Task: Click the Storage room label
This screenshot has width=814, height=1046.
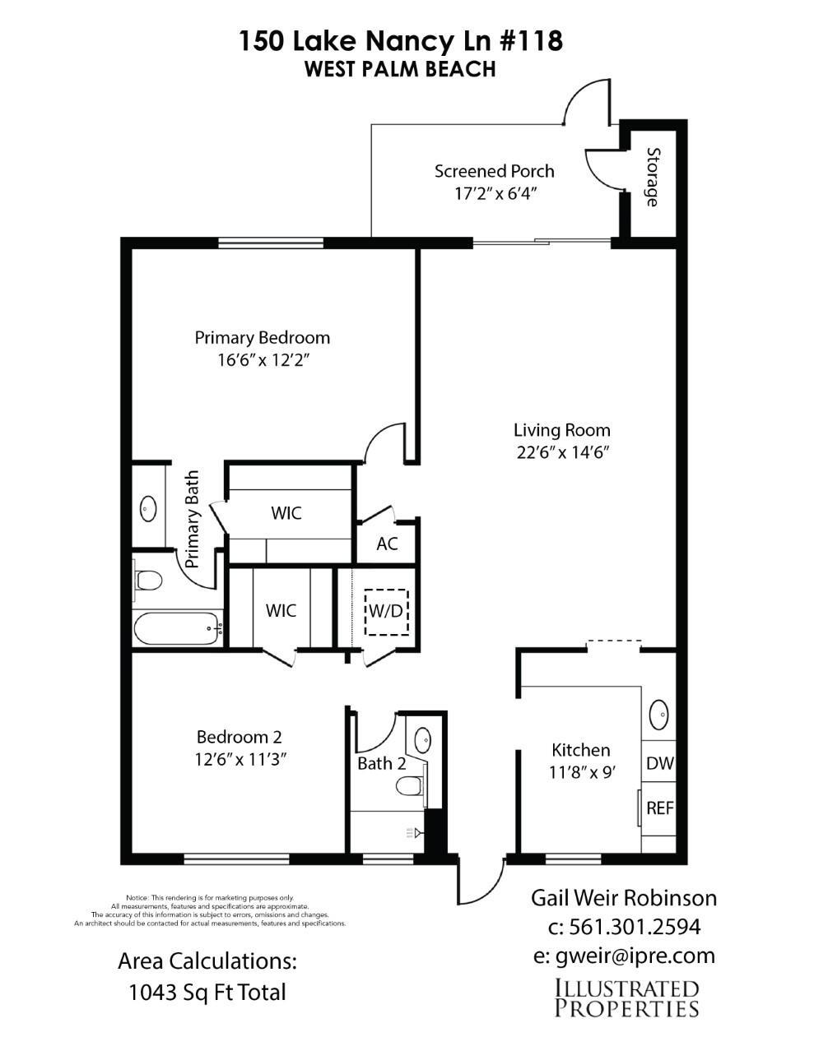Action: pos(653,177)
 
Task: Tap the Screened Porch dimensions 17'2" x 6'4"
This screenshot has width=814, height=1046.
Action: pos(495,194)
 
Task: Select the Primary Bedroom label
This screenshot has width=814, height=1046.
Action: pos(262,337)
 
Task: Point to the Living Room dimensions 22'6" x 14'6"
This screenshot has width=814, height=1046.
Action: pos(563,452)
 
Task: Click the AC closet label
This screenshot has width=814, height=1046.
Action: pos(387,544)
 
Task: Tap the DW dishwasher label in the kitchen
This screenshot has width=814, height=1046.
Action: pos(660,763)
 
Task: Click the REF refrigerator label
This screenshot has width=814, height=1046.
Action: pos(660,808)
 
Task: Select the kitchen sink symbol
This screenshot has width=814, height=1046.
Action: pos(659,715)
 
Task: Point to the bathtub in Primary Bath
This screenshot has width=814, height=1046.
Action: pos(179,627)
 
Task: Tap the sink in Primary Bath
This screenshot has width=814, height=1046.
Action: pos(147,508)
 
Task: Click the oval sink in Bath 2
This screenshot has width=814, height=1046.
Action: pos(423,739)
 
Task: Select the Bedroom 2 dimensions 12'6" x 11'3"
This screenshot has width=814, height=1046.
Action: pos(240,760)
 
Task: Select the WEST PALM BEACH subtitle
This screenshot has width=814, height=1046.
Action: pos(400,69)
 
